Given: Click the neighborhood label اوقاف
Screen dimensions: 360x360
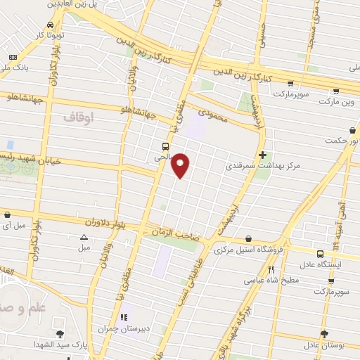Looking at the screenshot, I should [x=78, y=117].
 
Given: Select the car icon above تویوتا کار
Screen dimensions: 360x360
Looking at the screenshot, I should [x=49, y=25].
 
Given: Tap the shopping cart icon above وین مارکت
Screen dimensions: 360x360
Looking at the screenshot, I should [x=335, y=91].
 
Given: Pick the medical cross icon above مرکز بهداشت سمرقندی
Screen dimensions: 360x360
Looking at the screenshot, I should [x=262, y=155].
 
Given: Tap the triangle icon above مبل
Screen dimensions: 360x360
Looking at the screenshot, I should [x=84, y=238].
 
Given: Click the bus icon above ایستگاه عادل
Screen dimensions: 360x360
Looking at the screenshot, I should [x=320, y=254].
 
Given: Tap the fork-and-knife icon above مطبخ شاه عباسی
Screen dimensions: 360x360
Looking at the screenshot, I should [x=271, y=269].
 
